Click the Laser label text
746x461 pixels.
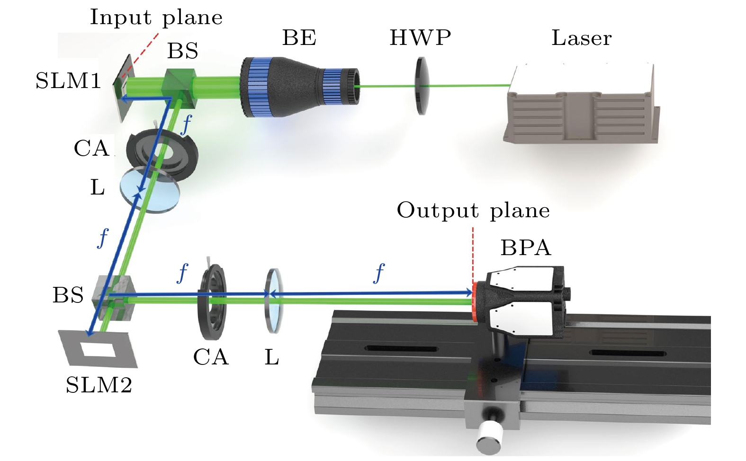pos(581,38)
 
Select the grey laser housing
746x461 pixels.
pos(580,106)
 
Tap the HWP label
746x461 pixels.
pos(420,38)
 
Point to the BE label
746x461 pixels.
pos(299,38)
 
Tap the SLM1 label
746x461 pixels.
pos(68,81)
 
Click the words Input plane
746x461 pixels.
pos(156,18)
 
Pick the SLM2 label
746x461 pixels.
pos(99,385)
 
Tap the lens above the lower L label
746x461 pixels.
pos(273,300)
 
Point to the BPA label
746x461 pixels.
pos(526,248)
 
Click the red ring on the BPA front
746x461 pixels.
pos(474,303)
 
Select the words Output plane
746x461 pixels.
pos(473,210)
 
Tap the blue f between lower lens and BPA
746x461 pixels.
pos(379,273)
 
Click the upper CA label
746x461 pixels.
pos(92,149)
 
